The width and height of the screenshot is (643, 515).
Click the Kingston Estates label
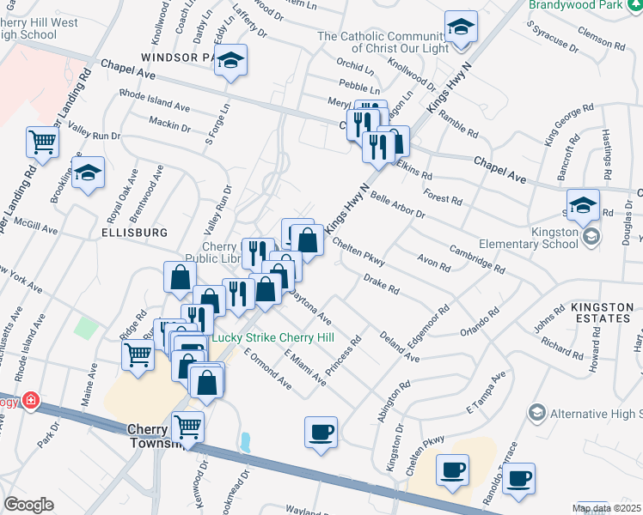coord(597,318)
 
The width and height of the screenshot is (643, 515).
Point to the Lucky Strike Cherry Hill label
coord(273,336)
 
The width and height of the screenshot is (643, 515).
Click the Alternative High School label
coord(594,414)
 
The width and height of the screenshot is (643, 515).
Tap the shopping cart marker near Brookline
coord(41,142)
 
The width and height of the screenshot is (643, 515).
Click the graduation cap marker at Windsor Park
coord(230,60)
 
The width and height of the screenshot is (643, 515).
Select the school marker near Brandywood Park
coord(461,27)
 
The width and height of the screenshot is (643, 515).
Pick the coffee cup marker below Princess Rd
coord(321,431)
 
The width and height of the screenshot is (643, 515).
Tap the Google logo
coord(28,505)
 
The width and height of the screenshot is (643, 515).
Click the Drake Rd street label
coord(381,284)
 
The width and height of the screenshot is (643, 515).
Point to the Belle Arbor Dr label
coord(398,205)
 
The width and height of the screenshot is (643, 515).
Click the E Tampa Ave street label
coord(486,391)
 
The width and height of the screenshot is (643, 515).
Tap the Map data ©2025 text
coord(606,508)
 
